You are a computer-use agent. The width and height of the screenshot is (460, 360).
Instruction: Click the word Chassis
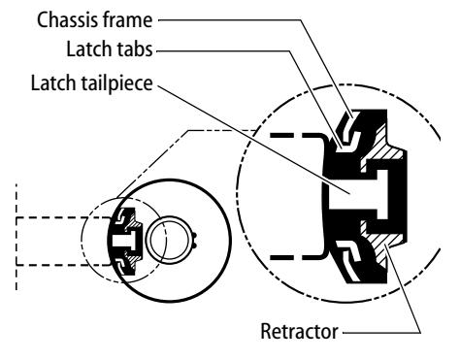(67, 20)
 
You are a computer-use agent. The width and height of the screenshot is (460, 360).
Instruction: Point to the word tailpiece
(116, 83)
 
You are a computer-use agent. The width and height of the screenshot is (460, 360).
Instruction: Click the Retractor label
(299, 332)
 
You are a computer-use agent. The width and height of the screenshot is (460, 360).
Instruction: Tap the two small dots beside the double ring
(195, 240)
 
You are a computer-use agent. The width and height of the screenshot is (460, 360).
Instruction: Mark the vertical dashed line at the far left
(16, 236)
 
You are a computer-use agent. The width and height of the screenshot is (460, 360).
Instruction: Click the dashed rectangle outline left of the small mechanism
(16, 242)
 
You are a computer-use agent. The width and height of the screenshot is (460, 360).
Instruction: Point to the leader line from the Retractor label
(404, 289)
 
